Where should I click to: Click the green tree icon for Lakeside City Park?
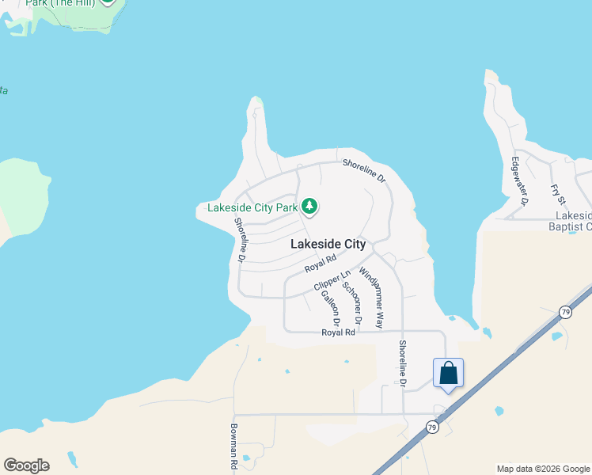(309, 207)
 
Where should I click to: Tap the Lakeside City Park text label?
(252, 208)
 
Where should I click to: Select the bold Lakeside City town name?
(328, 244)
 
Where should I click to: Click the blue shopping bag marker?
(448, 373)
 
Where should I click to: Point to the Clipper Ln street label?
(332, 280)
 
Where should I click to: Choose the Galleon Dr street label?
(330, 308)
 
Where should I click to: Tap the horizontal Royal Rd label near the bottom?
(338, 332)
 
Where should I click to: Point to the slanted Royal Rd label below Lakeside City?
(321, 264)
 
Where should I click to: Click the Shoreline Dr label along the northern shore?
(364, 172)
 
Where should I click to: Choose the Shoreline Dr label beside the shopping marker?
(403, 364)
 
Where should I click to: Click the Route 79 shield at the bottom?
(431, 427)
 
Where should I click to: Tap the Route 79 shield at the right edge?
(565, 311)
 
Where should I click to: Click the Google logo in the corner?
(26, 465)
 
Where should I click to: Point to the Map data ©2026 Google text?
(543, 469)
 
